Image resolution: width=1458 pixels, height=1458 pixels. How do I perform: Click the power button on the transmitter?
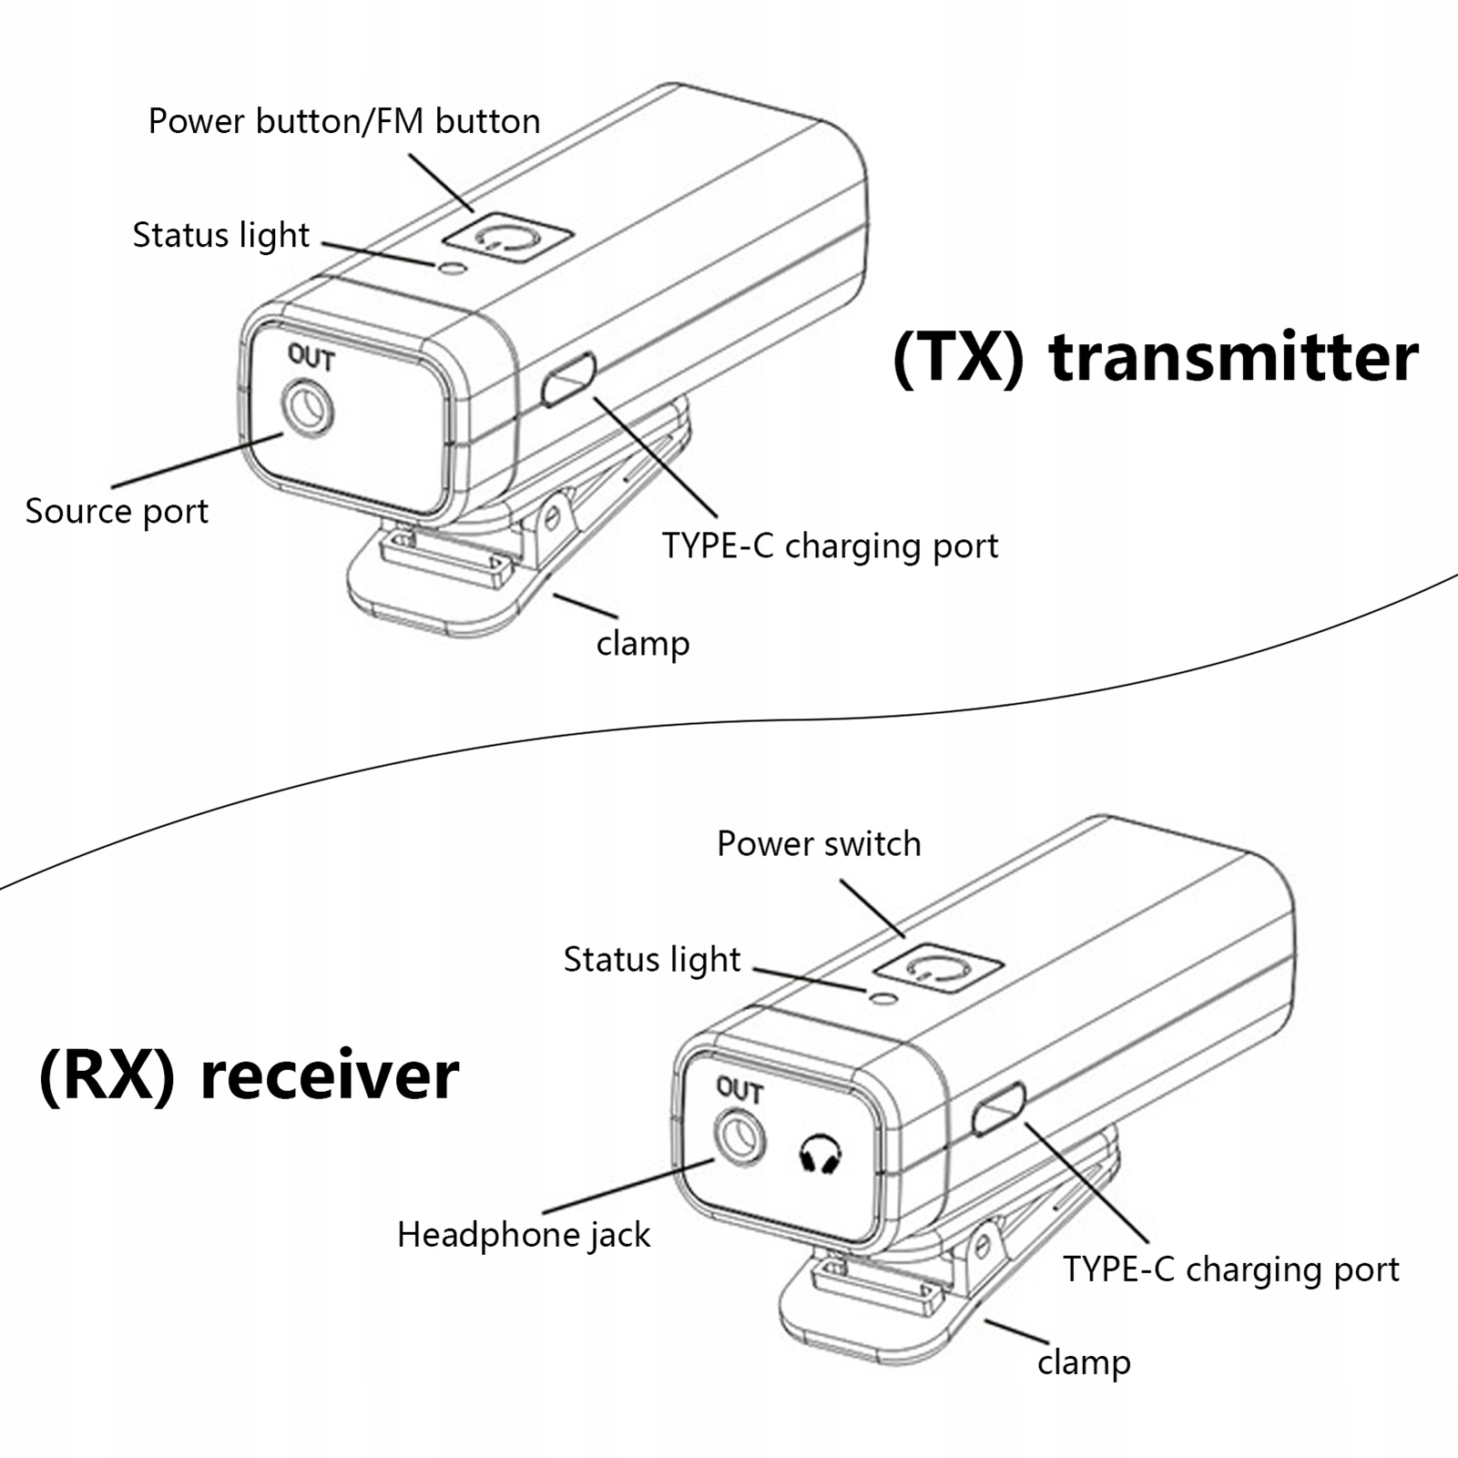507,239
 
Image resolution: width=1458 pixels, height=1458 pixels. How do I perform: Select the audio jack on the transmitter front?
308,409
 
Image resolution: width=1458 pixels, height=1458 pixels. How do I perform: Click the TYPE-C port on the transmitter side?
568,380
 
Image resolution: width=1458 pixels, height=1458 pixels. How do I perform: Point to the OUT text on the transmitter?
311,357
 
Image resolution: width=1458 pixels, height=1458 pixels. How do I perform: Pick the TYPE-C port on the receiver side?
999,1109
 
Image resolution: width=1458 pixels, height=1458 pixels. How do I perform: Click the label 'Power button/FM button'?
344,121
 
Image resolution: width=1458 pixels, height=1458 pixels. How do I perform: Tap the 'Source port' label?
117,511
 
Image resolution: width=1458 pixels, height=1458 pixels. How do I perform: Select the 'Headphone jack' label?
524,1235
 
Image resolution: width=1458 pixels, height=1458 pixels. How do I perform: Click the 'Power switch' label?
819,843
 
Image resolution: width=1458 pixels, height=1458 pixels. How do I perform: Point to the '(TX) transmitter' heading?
1155,357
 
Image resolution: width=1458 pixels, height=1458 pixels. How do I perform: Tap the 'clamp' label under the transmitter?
643,643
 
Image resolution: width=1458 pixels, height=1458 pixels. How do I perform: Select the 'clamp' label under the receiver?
1084,1362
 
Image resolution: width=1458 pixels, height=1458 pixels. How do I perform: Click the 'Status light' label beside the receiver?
652,960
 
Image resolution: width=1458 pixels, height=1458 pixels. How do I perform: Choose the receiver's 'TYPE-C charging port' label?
1230,1269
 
